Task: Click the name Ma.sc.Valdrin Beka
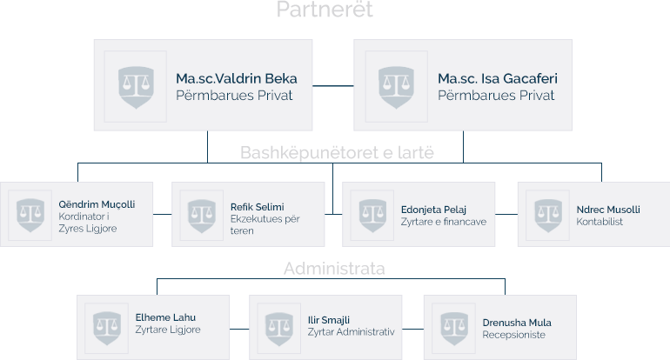click(234, 78)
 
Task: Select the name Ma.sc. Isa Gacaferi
click(498, 78)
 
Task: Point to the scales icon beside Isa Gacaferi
click(396, 86)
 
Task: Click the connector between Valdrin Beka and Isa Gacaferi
click(333, 85)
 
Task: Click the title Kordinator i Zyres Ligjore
click(87, 223)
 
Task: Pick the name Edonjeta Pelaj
click(434, 210)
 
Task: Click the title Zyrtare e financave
click(444, 222)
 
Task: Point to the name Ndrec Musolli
click(608, 210)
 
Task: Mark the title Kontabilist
click(600, 222)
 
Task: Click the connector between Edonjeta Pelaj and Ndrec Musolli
click(506, 214)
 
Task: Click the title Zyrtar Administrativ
click(352, 331)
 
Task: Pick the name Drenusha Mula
click(517, 323)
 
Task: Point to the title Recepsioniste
click(514, 335)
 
